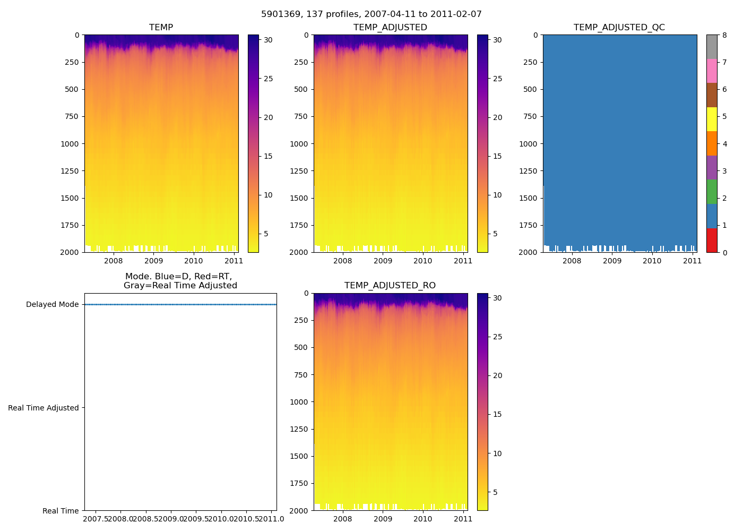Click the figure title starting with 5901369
coord(371,14)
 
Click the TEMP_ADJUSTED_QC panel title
coord(619,28)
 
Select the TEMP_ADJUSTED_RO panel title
coord(390,286)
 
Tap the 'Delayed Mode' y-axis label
coord(52,305)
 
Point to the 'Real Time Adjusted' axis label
coord(44,408)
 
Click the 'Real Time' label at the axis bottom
coord(61,511)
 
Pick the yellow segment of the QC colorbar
coord(712,119)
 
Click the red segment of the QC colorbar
coord(712,240)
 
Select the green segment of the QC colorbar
coord(712,192)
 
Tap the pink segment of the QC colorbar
coord(712,71)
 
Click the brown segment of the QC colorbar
coord(712,95)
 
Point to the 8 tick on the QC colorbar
coord(724,36)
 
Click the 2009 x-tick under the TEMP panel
coord(153,261)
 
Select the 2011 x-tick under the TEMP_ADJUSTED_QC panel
coord(692,261)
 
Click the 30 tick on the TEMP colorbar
coord(269,40)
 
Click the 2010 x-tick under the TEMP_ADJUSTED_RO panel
coord(423,519)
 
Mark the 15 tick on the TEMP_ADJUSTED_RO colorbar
coord(497,414)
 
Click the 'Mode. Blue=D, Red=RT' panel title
coord(180,281)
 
